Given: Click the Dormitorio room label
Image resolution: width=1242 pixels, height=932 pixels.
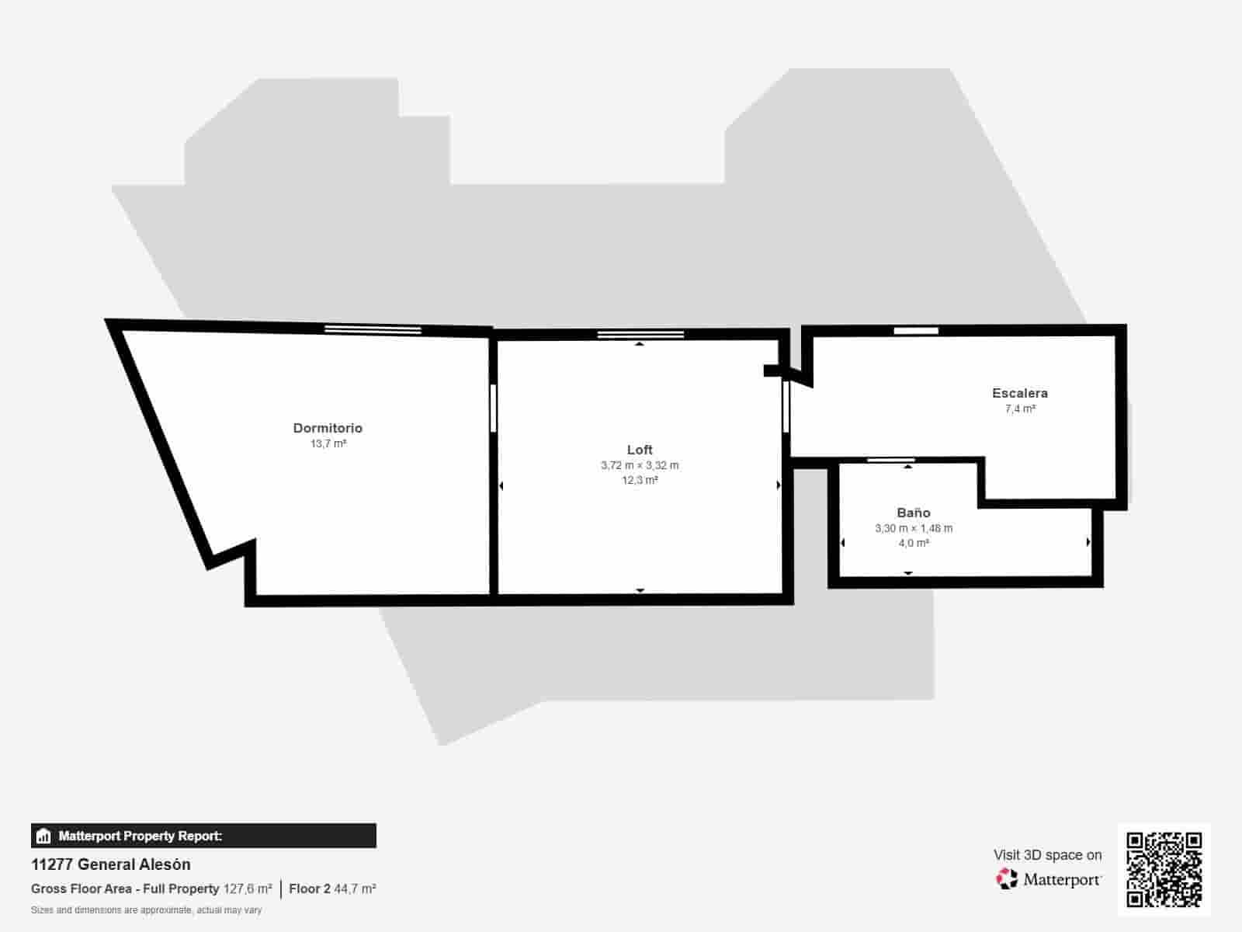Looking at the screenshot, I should (328, 428).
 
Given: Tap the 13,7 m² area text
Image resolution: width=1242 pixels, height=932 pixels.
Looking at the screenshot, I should (328, 444).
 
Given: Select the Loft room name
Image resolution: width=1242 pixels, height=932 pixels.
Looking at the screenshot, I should (640, 450).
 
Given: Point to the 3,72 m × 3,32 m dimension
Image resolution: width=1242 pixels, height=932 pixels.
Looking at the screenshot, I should (640, 465).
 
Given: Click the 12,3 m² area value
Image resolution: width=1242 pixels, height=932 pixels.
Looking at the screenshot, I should (640, 481).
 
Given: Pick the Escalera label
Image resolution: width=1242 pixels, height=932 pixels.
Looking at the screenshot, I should (1019, 393).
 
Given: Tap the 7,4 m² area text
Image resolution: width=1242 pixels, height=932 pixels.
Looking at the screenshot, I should (1019, 409).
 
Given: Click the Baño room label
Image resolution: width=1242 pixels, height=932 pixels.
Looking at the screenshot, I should (913, 513).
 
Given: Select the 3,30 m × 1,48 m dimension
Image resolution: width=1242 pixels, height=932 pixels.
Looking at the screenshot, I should (913, 528).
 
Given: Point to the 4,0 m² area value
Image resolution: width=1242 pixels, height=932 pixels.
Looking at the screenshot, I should (913, 544).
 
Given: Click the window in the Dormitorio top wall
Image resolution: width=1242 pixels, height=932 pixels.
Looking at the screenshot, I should (373, 330).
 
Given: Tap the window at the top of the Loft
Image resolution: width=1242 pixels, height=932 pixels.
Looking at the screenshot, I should (640, 335).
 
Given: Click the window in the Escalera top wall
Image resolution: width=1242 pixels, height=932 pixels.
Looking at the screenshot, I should (916, 331).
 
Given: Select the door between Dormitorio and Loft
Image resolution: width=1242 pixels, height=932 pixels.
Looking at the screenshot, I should (493, 408).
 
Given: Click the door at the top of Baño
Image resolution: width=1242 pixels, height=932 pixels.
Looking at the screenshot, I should (890, 461).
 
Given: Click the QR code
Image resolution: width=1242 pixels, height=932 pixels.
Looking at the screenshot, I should (1164, 869).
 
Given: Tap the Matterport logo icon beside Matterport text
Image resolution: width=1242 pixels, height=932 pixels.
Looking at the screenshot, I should (1007, 879).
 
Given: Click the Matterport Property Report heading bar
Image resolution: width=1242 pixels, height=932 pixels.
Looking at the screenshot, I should (203, 836).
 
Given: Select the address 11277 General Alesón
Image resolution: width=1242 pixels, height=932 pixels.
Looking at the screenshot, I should (110, 864).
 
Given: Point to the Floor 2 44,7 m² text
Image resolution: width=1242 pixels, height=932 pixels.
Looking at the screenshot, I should (332, 889).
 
